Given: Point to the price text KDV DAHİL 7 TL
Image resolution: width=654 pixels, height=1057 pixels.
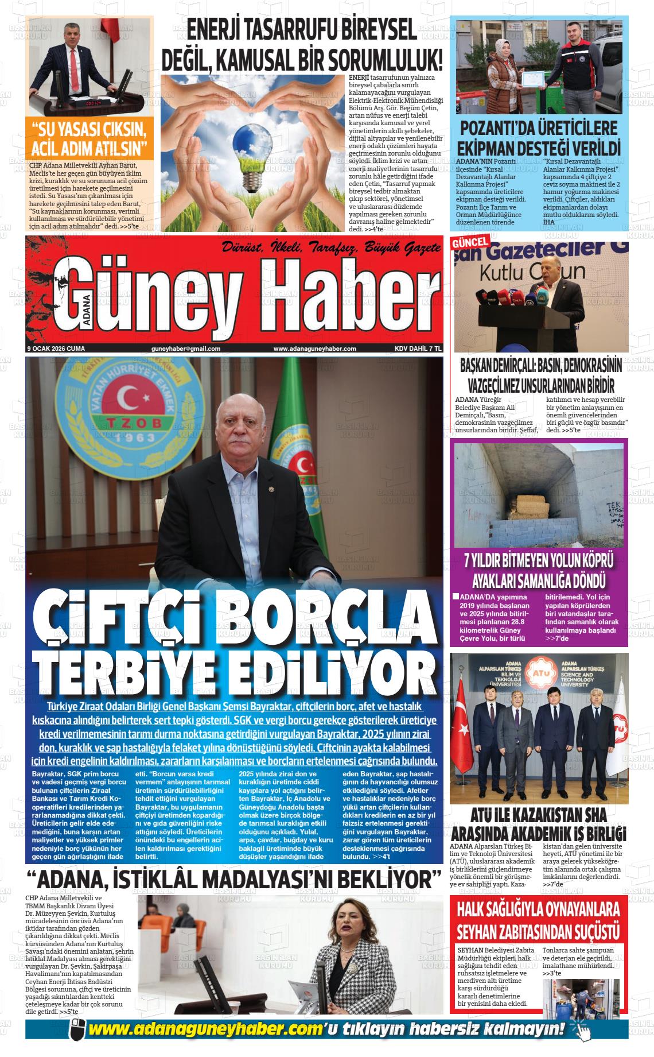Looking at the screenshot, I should click(418, 349).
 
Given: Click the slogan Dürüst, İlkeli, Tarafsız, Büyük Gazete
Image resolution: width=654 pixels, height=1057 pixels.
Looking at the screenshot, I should click(331, 248).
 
